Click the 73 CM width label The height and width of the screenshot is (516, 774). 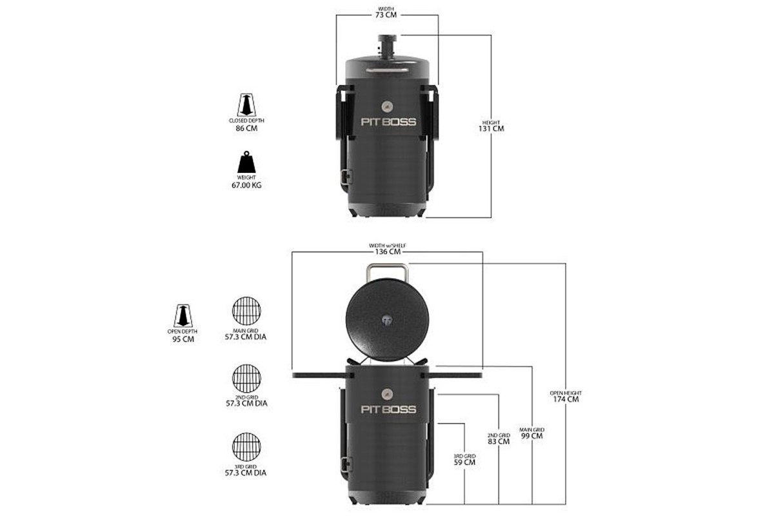[x=386, y=15]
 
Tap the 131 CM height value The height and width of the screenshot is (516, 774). [x=491, y=128]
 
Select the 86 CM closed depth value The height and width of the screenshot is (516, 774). [x=246, y=128]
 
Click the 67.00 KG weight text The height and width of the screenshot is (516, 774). [x=246, y=185]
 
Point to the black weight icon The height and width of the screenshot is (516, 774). [x=246, y=162]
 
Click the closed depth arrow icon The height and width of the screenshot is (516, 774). [x=246, y=105]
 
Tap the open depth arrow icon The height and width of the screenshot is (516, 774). [x=183, y=315]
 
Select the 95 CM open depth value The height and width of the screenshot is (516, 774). [x=183, y=339]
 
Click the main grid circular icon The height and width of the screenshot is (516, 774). [x=246, y=311]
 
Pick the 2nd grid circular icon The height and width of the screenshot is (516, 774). [x=246, y=379]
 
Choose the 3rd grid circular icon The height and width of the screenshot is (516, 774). [x=246, y=447]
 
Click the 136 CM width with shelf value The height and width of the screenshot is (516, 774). [x=388, y=252]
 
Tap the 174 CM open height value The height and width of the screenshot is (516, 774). [x=566, y=399]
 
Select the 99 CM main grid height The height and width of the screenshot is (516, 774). [x=531, y=436]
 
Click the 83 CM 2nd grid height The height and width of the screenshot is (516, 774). [x=499, y=441]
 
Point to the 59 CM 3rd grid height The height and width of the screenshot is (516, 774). [x=465, y=462]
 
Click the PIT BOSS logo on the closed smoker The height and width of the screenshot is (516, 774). [x=388, y=122]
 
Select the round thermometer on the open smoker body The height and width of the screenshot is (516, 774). [x=388, y=394]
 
